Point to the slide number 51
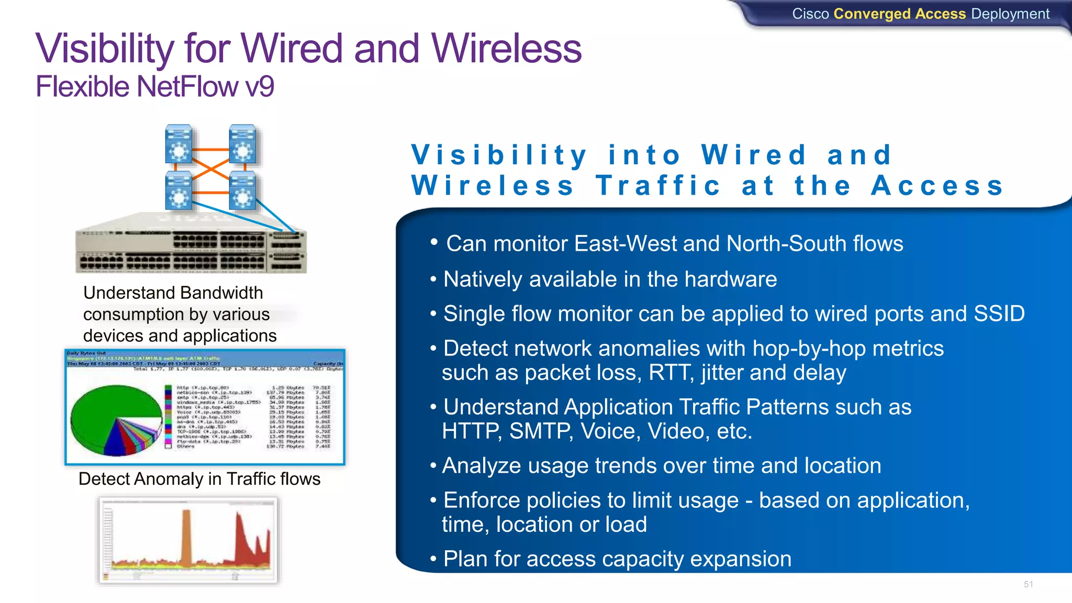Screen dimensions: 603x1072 [x=1028, y=584]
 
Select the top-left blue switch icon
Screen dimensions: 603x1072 [x=178, y=144]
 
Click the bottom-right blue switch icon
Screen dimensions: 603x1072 [x=242, y=190]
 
